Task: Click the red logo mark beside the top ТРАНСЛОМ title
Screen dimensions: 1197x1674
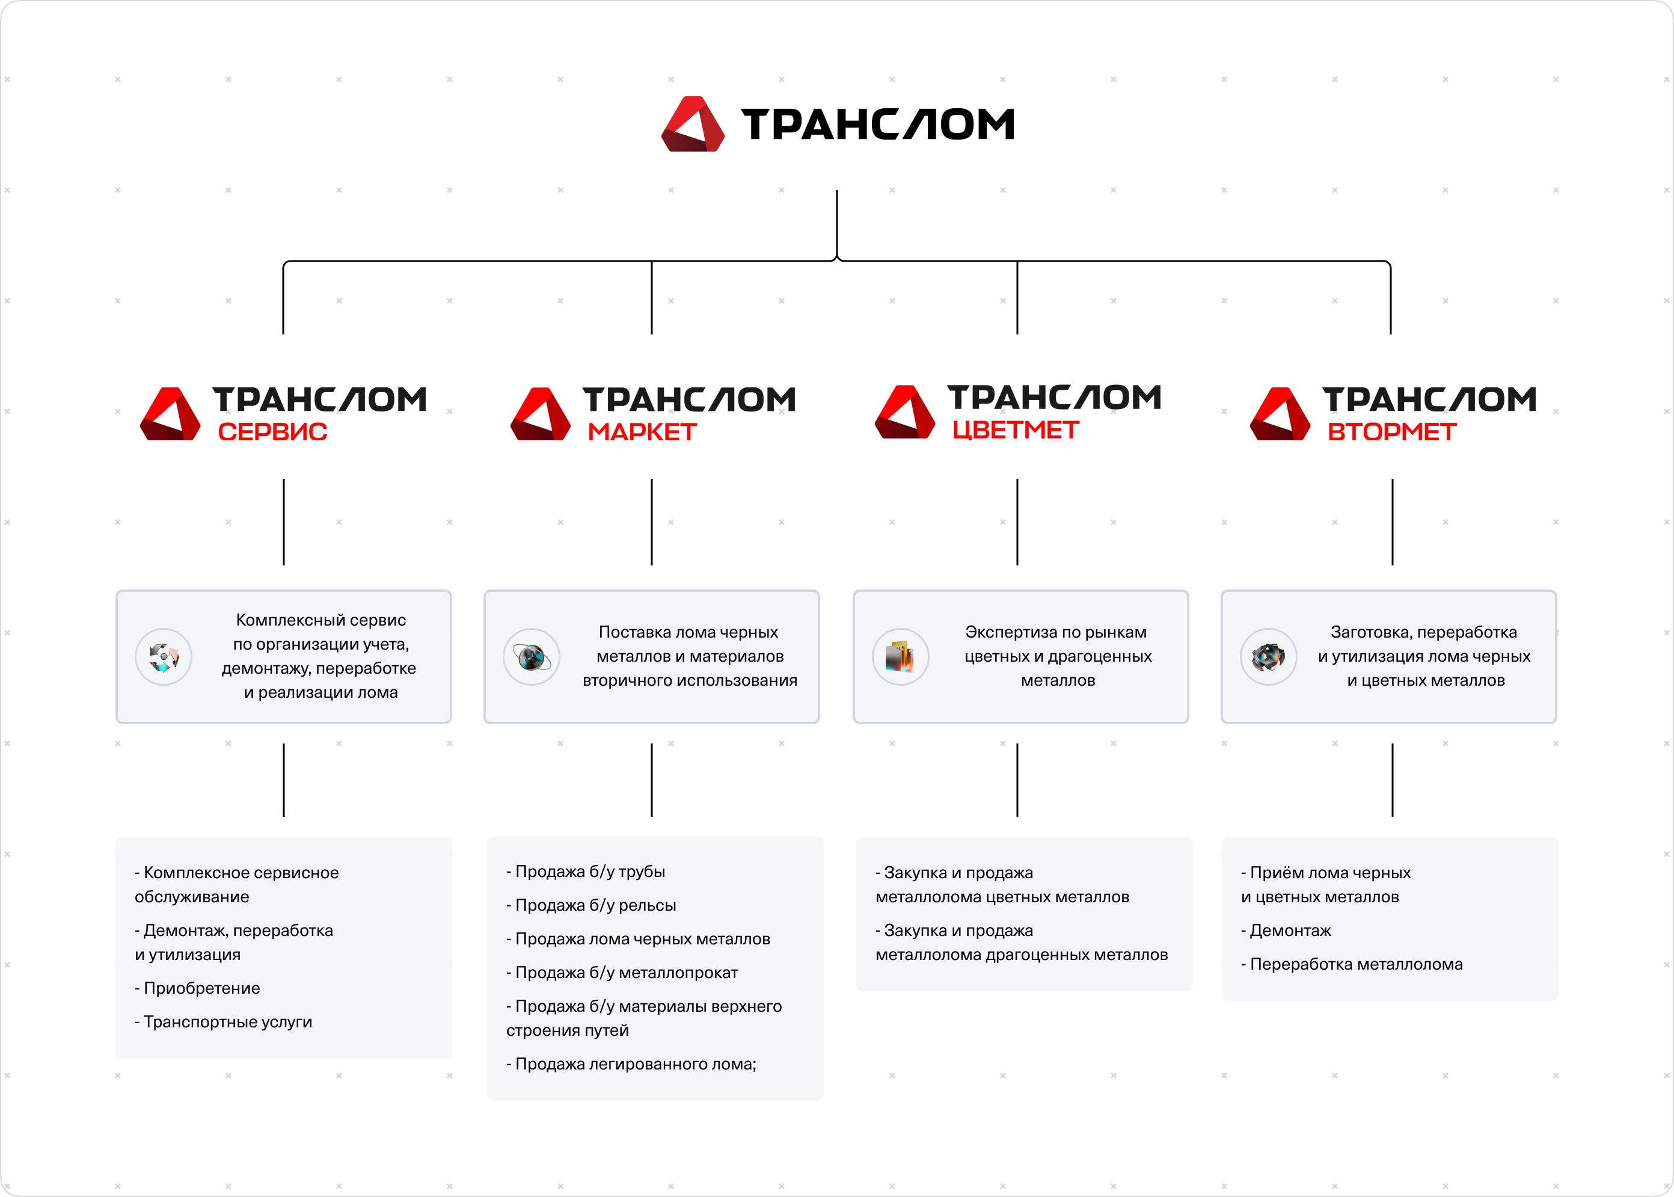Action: [x=693, y=124]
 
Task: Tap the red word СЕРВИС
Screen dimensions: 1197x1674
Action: [x=272, y=432]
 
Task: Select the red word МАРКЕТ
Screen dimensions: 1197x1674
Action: [x=642, y=432]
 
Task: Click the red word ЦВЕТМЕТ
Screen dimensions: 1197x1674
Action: [x=1016, y=429]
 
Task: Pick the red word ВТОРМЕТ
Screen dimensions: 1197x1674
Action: [x=1392, y=432]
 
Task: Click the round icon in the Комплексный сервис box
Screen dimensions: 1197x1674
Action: [x=164, y=657]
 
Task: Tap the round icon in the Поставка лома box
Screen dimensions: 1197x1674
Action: [x=531, y=657]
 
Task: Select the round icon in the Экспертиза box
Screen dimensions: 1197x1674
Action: [x=900, y=657]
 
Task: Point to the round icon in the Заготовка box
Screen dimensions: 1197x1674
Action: [x=1268, y=657]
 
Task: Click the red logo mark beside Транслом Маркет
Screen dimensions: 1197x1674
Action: [x=540, y=414]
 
